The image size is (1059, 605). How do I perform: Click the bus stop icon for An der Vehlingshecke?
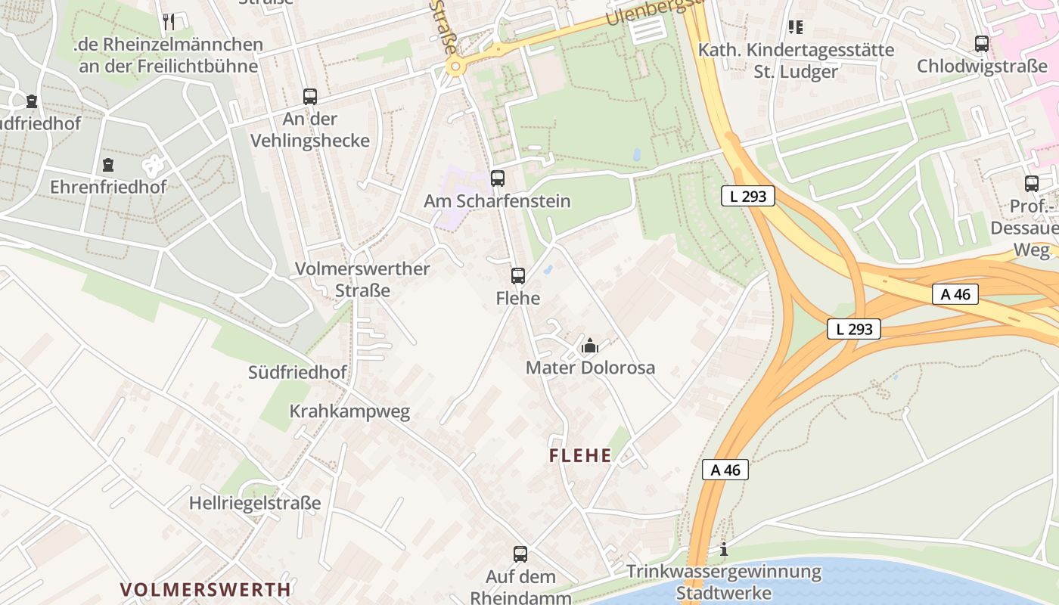(x=310, y=97)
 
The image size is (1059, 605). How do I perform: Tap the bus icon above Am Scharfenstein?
(x=497, y=178)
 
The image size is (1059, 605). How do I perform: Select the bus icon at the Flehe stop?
(x=518, y=276)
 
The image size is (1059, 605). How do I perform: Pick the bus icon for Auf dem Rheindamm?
(x=520, y=554)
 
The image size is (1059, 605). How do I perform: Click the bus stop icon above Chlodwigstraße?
(x=982, y=44)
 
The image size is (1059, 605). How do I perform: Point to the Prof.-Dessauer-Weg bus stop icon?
(x=1031, y=184)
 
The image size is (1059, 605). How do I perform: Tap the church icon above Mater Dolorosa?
(x=590, y=346)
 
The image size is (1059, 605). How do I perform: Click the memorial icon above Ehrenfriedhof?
(x=108, y=165)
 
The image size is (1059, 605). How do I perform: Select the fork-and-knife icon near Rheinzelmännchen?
(x=169, y=22)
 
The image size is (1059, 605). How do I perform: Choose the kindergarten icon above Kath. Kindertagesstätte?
(x=795, y=27)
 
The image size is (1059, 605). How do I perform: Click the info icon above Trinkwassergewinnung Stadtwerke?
(x=724, y=549)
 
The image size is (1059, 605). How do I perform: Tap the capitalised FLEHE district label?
(x=580, y=455)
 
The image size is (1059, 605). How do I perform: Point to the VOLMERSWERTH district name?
(x=205, y=589)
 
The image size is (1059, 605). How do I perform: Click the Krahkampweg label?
(x=349, y=411)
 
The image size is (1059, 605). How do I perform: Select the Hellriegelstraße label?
(x=255, y=503)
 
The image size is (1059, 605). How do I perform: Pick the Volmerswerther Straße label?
(x=362, y=279)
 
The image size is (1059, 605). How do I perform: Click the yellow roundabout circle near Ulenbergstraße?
(x=455, y=67)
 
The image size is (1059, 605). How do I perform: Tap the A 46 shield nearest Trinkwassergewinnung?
(x=725, y=470)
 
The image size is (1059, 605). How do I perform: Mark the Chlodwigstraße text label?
(x=982, y=66)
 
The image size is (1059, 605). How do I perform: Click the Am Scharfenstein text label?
(x=497, y=201)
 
